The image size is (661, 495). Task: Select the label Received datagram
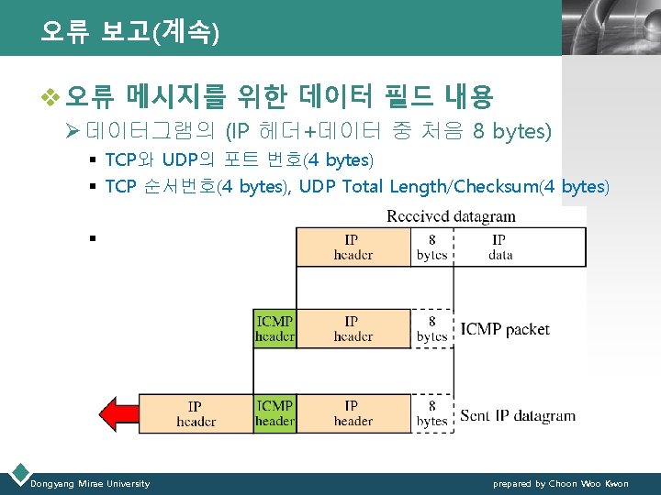(451, 217)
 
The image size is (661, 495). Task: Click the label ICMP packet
(505, 329)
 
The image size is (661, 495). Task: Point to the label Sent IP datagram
(518, 415)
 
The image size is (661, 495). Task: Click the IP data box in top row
(500, 247)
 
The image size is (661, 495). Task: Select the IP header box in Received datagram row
(353, 247)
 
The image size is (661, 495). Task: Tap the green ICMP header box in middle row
(274, 329)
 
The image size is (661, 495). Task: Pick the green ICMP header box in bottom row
(274, 413)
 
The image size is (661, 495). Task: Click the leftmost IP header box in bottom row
(196, 413)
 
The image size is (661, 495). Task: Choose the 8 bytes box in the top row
(431, 247)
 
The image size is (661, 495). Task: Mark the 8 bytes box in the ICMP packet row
(431, 329)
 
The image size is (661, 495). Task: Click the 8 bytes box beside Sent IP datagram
(431, 413)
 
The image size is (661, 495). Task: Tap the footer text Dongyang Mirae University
(90, 483)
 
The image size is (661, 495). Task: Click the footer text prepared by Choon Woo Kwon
(561, 483)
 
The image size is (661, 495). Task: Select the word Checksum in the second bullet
(496, 187)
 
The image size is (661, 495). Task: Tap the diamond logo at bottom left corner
(17, 473)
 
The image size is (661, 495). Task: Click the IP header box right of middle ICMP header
(353, 329)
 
